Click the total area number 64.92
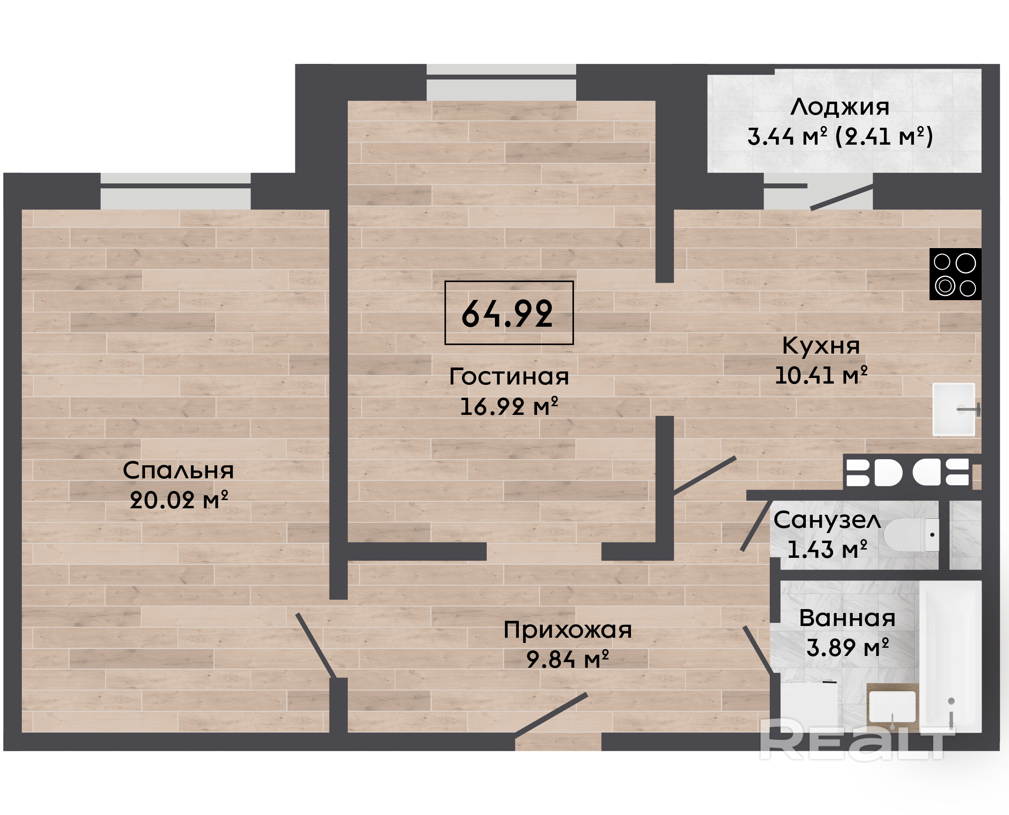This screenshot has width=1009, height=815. point(508,314)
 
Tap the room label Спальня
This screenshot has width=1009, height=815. point(178,470)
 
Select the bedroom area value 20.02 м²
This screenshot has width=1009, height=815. point(178,500)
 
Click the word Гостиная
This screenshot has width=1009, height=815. point(509,377)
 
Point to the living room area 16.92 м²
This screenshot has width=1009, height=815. point(509,406)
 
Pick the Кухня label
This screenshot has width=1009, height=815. point(821,346)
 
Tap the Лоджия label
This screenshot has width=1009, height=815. point(840,107)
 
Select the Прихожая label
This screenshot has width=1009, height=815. point(567,630)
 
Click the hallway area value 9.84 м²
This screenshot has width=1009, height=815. point(567,659)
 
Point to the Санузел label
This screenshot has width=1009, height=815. point(827,520)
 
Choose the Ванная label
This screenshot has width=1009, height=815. point(847,618)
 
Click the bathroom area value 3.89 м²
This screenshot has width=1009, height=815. point(847,647)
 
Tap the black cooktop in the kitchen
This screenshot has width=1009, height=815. point(956,274)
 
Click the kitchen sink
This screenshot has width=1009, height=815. point(954,409)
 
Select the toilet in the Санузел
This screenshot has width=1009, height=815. point(911,535)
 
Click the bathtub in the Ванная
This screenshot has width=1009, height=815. point(950,656)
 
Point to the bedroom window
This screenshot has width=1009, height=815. point(175,191)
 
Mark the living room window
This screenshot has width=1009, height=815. point(501,82)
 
